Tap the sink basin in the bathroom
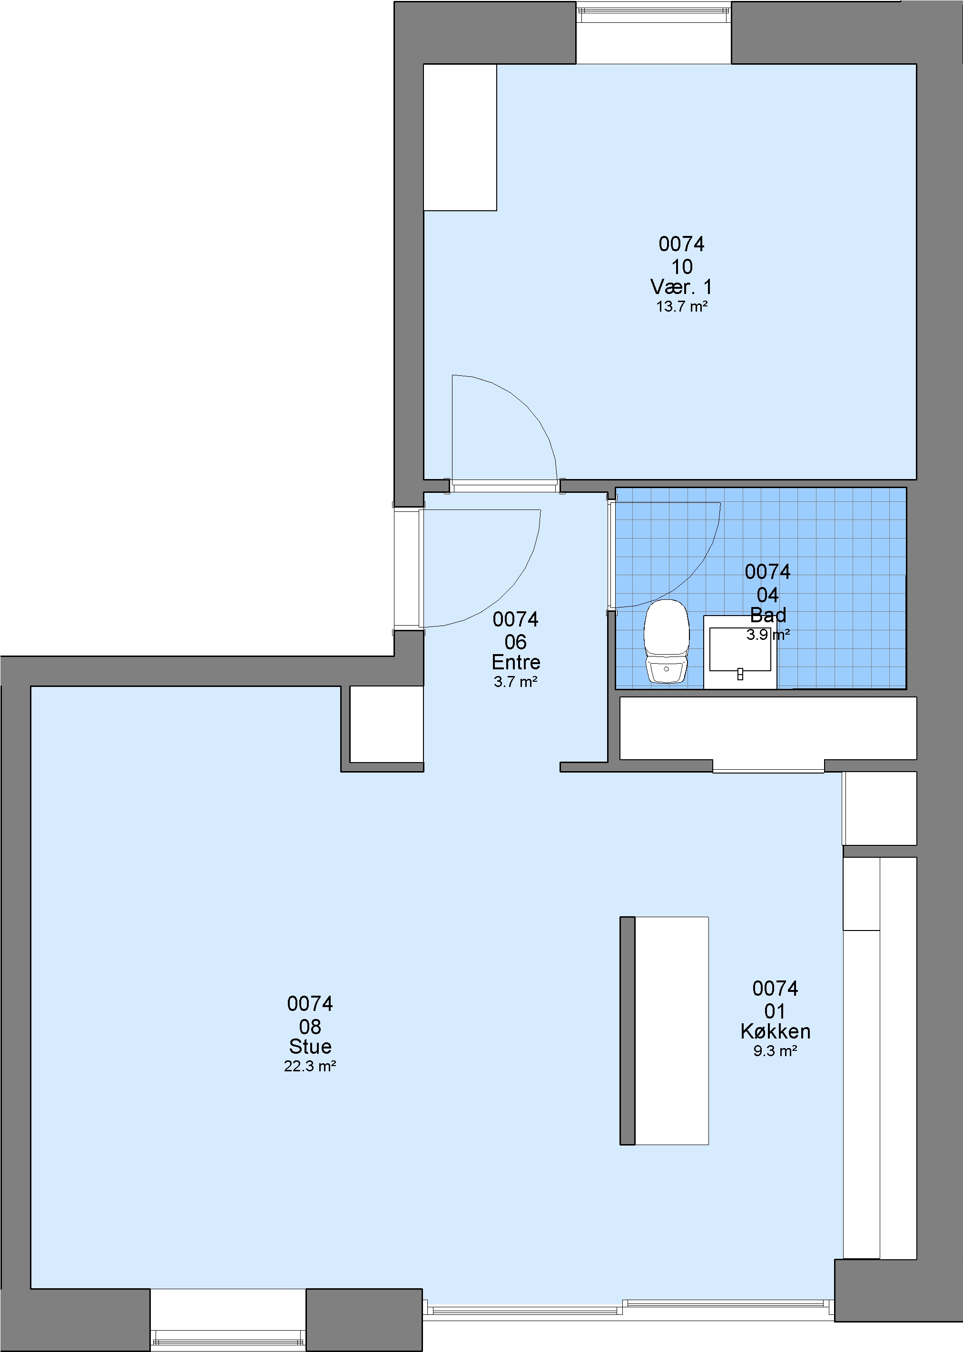[740, 651]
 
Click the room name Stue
[310, 1046]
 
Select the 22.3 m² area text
[310, 1066]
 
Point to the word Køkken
[775, 1031]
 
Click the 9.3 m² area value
[775, 1051]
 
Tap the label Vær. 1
[681, 287]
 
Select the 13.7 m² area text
[682, 306]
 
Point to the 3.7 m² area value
[516, 682]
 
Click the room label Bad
[768, 615]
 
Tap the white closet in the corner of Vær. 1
[460, 137]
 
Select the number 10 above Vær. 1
[682, 267]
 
